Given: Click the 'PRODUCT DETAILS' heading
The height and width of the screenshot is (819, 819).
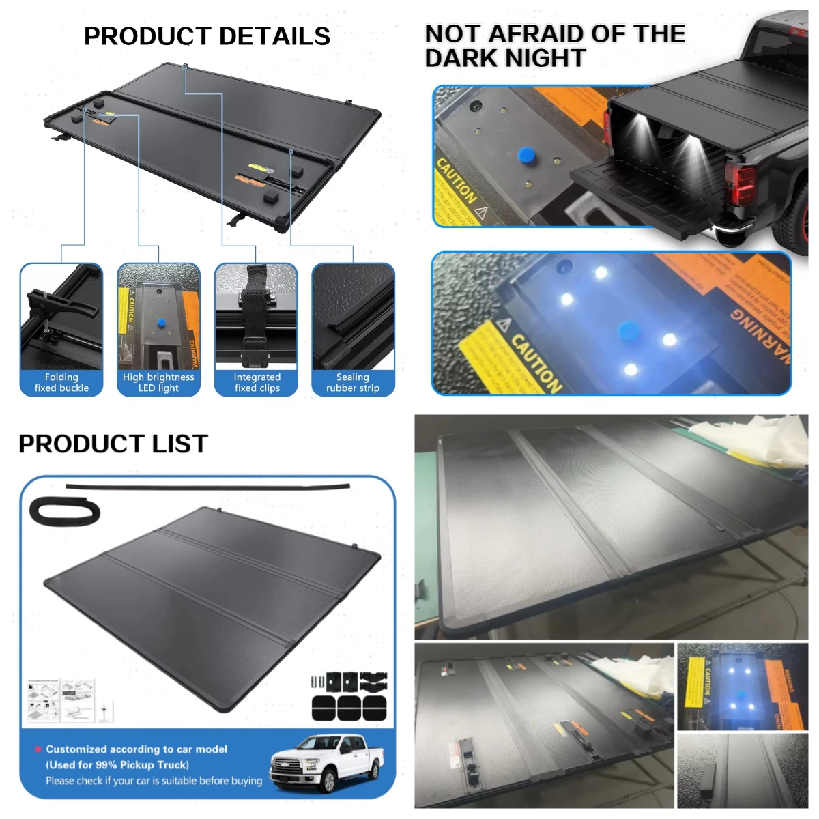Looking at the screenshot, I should tap(207, 36).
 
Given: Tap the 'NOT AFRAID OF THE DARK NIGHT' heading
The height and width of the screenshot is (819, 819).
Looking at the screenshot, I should tap(554, 46).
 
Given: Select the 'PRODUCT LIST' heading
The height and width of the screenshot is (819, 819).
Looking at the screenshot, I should tap(113, 444).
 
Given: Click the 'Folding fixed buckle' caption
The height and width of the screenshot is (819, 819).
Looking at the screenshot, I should tap(61, 382).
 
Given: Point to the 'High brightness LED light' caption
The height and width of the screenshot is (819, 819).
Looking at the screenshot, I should tap(158, 382).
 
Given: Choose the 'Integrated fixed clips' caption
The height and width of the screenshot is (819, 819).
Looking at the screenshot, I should tap(257, 382).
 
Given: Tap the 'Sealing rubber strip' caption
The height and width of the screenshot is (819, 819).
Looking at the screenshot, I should tap(353, 382).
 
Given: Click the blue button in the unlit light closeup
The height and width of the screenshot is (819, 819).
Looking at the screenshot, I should tap(526, 155).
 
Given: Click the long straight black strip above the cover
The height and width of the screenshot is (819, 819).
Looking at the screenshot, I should tap(208, 487).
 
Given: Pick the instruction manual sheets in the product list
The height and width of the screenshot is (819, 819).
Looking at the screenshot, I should tap(61, 700).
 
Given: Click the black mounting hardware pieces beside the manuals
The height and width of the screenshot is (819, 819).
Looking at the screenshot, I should tap(349, 696).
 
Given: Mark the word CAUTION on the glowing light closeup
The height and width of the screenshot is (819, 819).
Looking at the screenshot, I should tap(536, 362).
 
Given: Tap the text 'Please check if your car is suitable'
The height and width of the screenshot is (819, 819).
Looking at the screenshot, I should tap(154, 781).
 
